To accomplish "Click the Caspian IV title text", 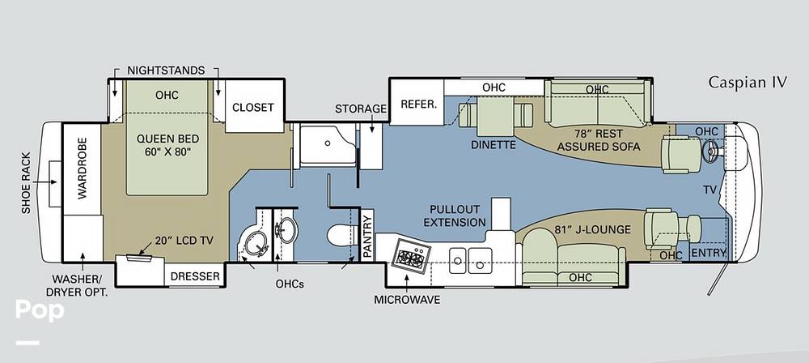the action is [748, 82].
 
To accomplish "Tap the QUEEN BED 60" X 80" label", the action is [167, 145].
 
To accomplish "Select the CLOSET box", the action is [252, 107].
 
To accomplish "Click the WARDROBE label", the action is [83, 169].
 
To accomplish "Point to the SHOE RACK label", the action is [27, 183].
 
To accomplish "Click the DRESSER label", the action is [195, 276].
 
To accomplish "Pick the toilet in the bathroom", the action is [343, 236].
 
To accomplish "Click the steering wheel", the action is [713, 151].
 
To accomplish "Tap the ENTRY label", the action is [709, 253].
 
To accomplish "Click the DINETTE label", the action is [493, 145].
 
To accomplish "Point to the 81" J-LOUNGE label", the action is [593, 229].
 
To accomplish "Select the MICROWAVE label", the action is [408, 300].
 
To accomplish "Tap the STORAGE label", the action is [361, 109].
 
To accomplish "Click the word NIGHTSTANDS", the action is [166, 70].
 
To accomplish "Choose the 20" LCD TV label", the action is [184, 240].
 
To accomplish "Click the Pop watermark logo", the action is [40, 311].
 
